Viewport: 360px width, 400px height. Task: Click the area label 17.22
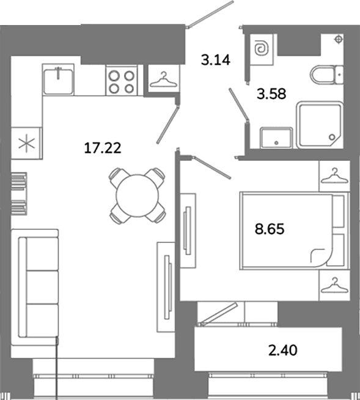point(103,148)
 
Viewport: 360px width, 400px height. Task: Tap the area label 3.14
point(216,60)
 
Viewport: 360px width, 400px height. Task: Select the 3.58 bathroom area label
point(271,94)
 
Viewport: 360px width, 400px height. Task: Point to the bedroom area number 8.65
point(270,229)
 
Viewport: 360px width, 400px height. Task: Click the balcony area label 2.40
point(283,350)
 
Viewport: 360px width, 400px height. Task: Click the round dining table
point(137,196)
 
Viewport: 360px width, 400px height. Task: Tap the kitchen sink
point(59,80)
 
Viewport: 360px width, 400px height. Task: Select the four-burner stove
point(122,81)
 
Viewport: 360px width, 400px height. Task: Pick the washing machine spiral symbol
point(262,49)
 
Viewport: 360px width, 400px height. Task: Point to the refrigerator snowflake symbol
point(27,144)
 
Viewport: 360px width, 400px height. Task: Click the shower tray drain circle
point(332,137)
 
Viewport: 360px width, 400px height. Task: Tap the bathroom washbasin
point(276,137)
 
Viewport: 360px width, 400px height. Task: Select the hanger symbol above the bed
point(334,176)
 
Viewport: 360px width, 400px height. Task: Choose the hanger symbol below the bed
point(334,285)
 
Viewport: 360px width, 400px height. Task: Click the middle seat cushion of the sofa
point(42,287)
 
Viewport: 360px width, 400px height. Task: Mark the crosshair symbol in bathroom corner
point(339,39)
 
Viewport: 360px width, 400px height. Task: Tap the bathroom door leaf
point(238,105)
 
